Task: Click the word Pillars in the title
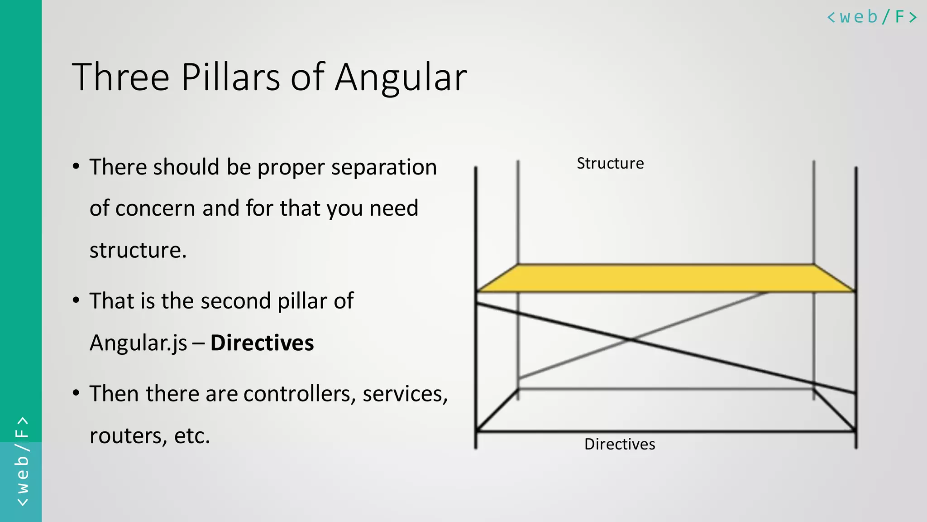pos(230,77)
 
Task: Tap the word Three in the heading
pos(120,77)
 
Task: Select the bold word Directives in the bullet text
pos(262,343)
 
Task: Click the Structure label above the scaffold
pos(610,164)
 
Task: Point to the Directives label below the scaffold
pos(620,444)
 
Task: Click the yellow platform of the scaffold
pos(665,278)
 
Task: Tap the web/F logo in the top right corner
pos(872,17)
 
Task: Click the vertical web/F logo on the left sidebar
pos(22,461)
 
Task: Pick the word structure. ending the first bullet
pos(138,250)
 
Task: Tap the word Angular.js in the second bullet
pos(138,343)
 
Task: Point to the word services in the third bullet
pos(405,393)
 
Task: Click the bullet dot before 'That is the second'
pos(76,300)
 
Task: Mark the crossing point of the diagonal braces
pos(631,339)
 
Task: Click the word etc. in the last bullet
pos(192,436)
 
